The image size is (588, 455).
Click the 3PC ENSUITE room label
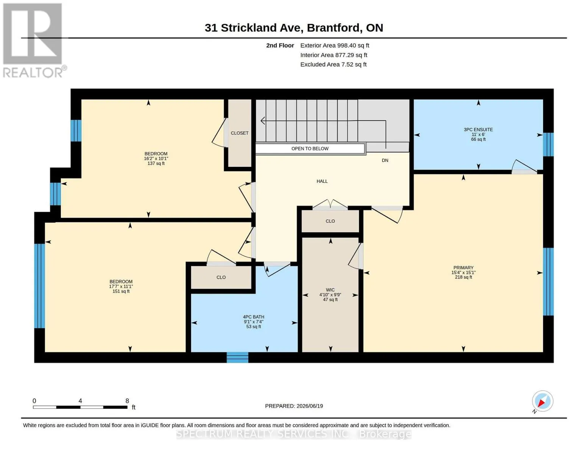tap(478, 130)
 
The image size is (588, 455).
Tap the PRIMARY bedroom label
tap(463, 267)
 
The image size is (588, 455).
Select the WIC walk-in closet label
tap(330, 290)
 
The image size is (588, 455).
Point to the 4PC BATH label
tap(253, 317)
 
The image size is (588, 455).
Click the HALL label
tap(322, 181)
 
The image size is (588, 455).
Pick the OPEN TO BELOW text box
tap(310, 149)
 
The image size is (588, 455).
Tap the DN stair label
tap(385, 160)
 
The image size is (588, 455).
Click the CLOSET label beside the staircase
tap(239, 133)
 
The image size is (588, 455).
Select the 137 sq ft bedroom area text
tap(156, 163)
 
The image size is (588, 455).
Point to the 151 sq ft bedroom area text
tap(121, 291)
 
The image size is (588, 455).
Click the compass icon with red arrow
tap(542, 401)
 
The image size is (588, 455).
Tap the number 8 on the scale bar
tap(127, 400)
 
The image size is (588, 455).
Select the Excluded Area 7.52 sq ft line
tap(333, 64)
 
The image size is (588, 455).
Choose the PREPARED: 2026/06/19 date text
tap(294, 406)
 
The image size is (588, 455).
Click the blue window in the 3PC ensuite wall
tap(548, 144)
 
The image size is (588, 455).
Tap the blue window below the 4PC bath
tap(237, 357)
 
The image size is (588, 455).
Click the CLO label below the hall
tap(330, 221)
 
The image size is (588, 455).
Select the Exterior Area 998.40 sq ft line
tap(334, 45)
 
